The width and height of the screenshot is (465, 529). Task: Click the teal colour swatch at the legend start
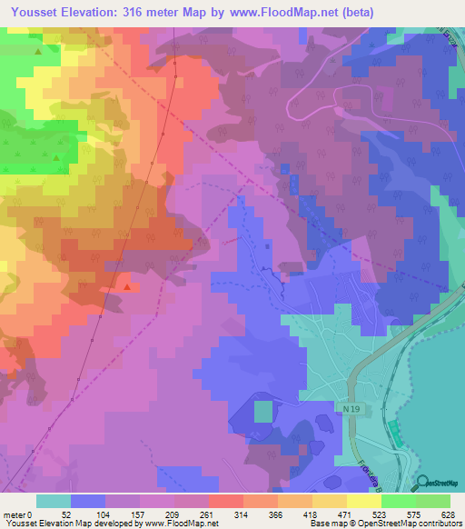coord(54,501)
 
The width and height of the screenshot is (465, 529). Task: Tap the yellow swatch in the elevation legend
coord(363,501)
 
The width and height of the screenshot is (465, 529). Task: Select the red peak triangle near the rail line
coord(127,287)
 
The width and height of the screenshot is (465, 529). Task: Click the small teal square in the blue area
coord(262,412)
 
